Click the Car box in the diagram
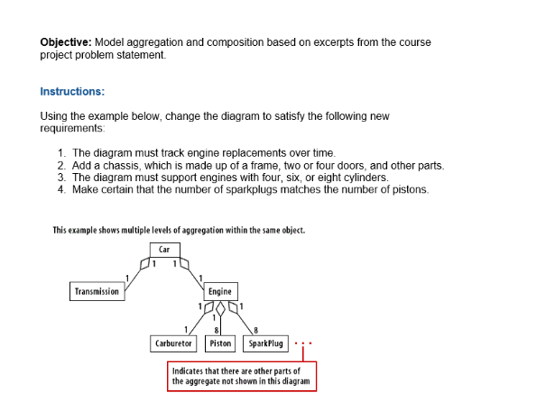(164, 249)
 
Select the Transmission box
(96, 291)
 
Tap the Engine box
(219, 291)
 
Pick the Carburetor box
(173, 343)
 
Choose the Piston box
(220, 343)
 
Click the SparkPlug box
(264, 343)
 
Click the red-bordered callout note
(242, 376)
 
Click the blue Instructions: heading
(72, 91)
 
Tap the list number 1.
(60, 153)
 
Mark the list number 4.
(60, 188)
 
